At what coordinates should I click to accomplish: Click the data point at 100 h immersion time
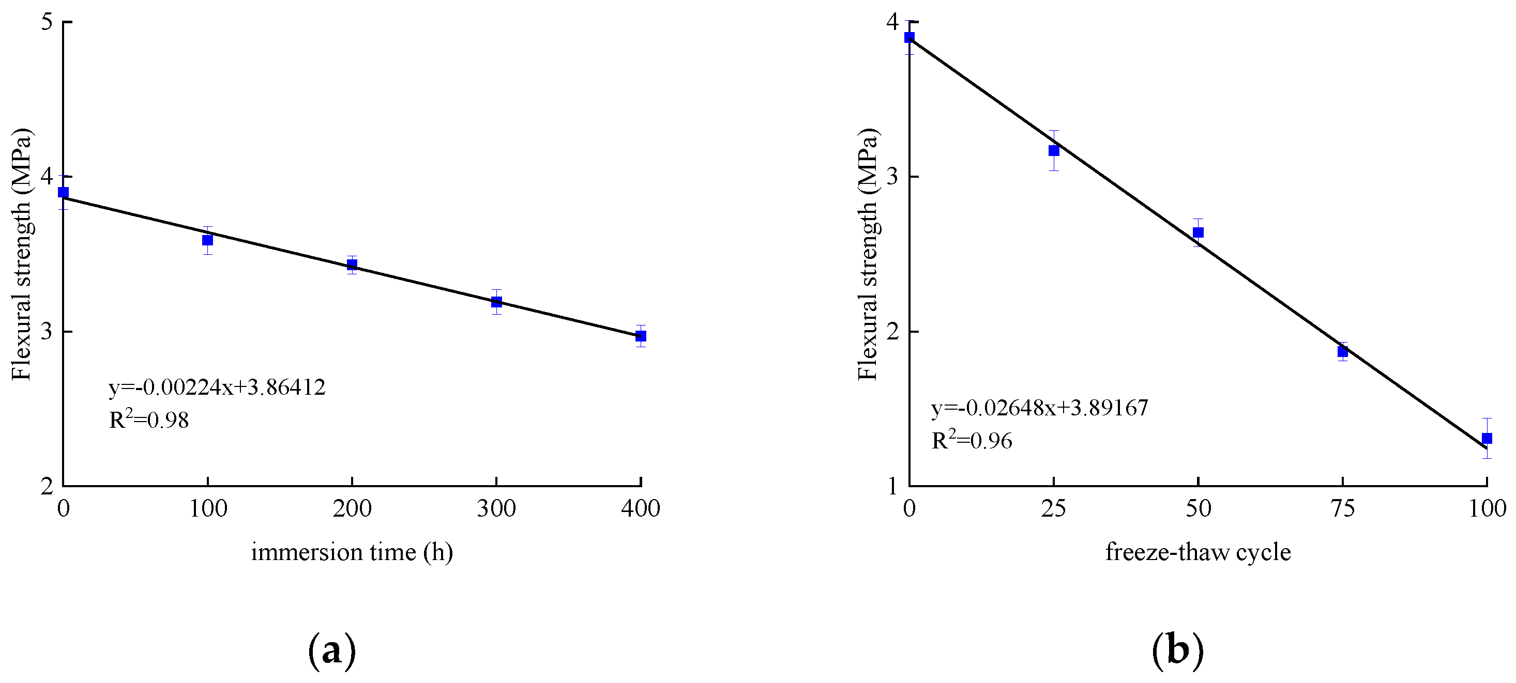point(207,240)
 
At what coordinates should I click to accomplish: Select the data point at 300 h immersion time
point(496,302)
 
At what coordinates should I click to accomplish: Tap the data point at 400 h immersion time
point(640,336)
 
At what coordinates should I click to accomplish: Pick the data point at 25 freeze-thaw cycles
point(1053,151)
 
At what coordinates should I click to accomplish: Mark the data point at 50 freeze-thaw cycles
point(1197,232)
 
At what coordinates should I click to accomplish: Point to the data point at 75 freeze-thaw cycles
point(1342,352)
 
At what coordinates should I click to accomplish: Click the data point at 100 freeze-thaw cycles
point(1487,438)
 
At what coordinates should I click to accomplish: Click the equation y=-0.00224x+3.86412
point(217,387)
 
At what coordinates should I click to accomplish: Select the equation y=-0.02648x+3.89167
point(1039,408)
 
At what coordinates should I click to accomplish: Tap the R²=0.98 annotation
point(149,420)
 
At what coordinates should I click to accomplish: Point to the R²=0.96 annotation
point(972,440)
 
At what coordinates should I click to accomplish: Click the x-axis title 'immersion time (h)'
point(352,552)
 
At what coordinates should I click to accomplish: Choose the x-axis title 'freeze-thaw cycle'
point(1197,552)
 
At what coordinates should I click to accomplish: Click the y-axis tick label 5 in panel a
point(47,22)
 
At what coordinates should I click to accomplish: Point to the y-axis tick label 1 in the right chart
point(893,487)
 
